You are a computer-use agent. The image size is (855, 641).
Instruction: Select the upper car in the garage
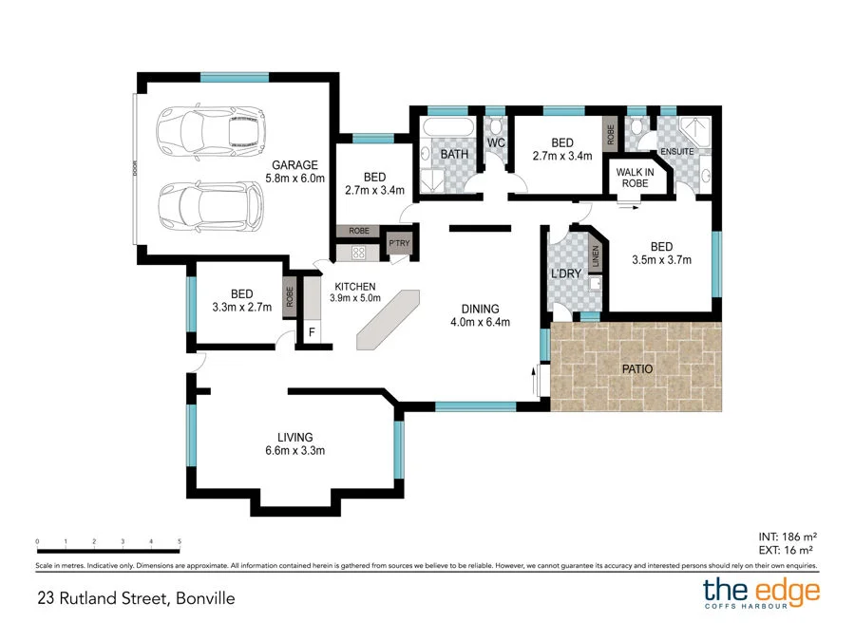coord(211,134)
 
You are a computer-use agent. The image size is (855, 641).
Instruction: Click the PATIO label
coord(636,368)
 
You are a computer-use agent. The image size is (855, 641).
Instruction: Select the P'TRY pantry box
coord(399,246)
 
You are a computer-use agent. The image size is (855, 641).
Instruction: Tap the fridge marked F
coord(312,332)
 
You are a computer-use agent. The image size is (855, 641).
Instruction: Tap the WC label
coord(495,143)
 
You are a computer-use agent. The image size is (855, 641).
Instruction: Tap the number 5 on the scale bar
coord(180,542)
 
